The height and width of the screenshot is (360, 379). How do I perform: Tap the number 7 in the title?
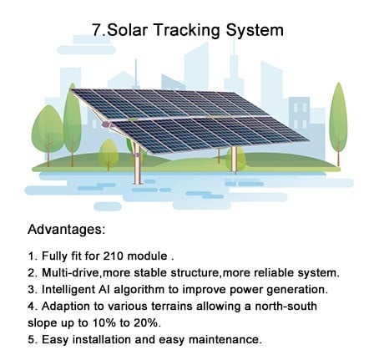(96, 30)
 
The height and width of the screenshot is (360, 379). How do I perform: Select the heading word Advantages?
(65, 230)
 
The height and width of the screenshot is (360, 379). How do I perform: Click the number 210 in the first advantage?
(113, 256)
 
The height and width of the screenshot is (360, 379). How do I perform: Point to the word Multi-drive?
(70, 272)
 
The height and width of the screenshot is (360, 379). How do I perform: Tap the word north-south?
(286, 306)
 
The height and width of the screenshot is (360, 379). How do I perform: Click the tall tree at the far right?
(338, 124)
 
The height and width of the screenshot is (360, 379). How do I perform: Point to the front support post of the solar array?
(137, 164)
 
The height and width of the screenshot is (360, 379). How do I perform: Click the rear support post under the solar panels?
(235, 160)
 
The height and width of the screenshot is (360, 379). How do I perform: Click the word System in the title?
(255, 30)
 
